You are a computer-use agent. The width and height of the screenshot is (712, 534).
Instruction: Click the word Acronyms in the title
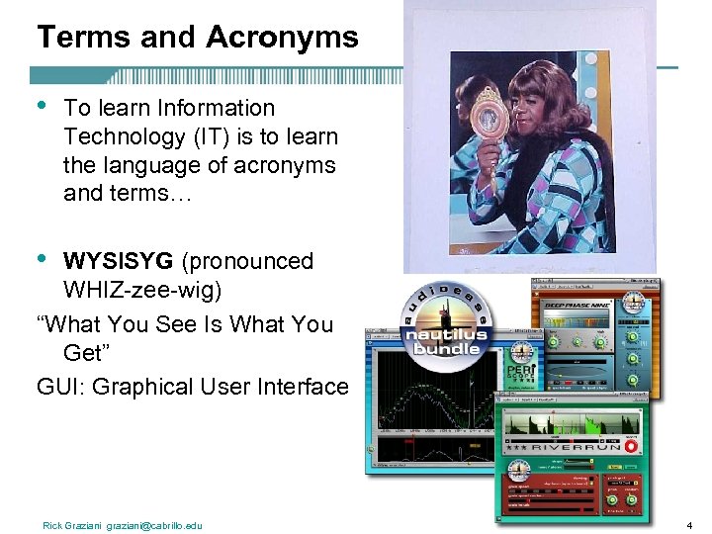(x=283, y=38)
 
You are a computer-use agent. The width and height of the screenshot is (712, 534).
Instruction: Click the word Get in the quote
(x=83, y=353)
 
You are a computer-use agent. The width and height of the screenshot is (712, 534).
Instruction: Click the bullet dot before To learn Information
(x=42, y=104)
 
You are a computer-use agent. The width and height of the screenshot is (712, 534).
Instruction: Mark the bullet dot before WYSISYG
(x=42, y=258)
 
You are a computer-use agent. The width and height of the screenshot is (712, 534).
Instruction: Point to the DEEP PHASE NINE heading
(x=578, y=305)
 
